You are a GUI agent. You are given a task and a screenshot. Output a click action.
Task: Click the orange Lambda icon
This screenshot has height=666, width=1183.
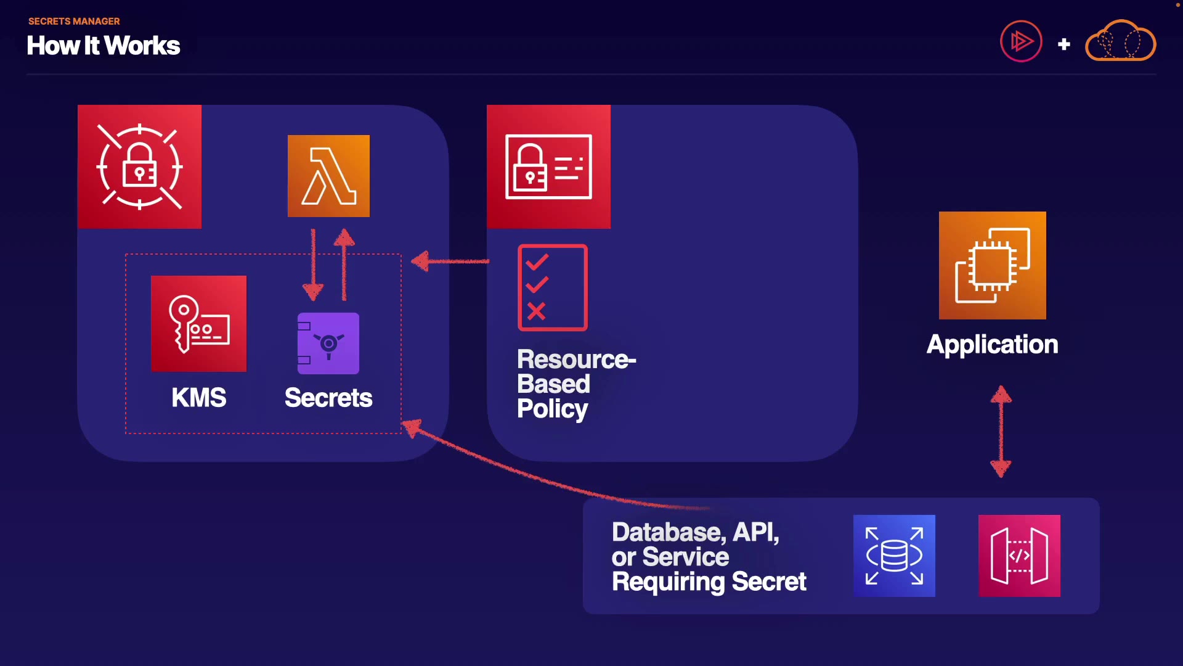[x=328, y=176]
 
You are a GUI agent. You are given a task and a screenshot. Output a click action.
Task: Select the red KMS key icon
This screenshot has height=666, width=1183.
[x=198, y=323]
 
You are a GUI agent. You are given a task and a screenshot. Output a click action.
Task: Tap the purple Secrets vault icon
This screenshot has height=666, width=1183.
[x=328, y=343]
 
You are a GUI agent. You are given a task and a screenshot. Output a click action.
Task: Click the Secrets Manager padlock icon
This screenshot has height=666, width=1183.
[x=139, y=166]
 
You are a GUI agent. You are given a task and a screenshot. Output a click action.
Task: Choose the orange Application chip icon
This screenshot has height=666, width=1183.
[x=992, y=265]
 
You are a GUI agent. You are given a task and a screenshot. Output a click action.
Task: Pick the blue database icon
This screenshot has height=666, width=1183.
[x=894, y=556]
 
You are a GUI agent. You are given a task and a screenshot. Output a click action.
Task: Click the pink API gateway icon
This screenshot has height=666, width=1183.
[x=1019, y=556]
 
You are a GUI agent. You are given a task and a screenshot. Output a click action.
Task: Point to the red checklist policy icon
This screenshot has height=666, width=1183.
[x=553, y=287]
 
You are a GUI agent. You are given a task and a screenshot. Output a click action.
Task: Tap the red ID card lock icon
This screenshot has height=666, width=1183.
[x=548, y=166]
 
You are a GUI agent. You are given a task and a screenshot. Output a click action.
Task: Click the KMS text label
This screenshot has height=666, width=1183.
[x=198, y=398]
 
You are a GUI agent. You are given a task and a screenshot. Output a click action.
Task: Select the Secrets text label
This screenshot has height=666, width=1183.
[x=328, y=398]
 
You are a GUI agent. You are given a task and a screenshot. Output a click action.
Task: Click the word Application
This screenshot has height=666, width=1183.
[x=992, y=344]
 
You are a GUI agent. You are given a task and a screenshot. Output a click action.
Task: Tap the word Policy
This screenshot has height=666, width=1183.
[x=552, y=409]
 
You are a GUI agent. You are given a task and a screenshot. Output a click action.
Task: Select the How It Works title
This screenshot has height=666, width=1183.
[x=104, y=46]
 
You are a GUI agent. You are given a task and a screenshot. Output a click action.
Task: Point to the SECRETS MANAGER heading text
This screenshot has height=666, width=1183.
[x=74, y=21]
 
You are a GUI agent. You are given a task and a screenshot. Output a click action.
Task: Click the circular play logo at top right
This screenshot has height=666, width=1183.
[x=1021, y=41]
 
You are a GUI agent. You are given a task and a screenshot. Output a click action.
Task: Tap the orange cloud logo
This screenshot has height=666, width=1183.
[x=1120, y=41]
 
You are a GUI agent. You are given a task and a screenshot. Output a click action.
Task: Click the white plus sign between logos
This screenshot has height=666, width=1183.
[x=1063, y=44]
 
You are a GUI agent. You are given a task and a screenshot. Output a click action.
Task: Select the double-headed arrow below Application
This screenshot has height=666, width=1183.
[x=1001, y=432]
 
